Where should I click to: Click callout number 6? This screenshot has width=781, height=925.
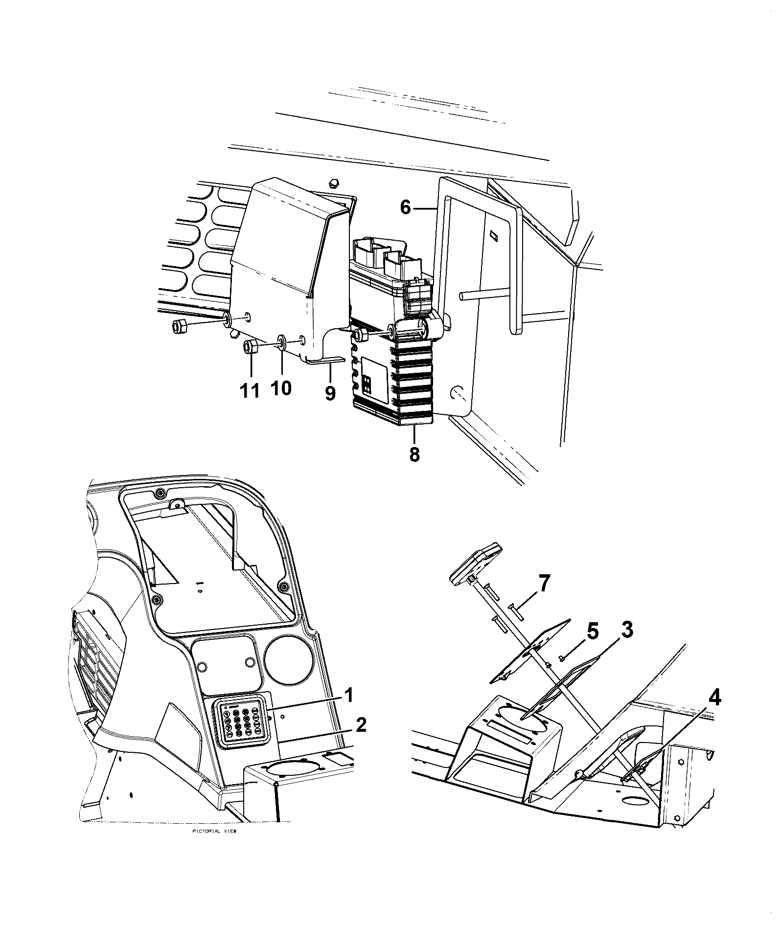click(405, 207)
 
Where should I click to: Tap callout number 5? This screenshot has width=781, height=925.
click(592, 632)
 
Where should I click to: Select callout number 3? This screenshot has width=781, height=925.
click(627, 630)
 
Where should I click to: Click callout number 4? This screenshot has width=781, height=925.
click(714, 699)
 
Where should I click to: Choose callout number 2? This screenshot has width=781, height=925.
click(361, 725)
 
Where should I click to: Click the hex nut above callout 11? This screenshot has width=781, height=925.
click(251, 348)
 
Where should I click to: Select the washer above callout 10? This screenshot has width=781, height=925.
click(282, 340)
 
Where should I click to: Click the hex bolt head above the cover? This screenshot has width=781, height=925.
click(332, 182)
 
